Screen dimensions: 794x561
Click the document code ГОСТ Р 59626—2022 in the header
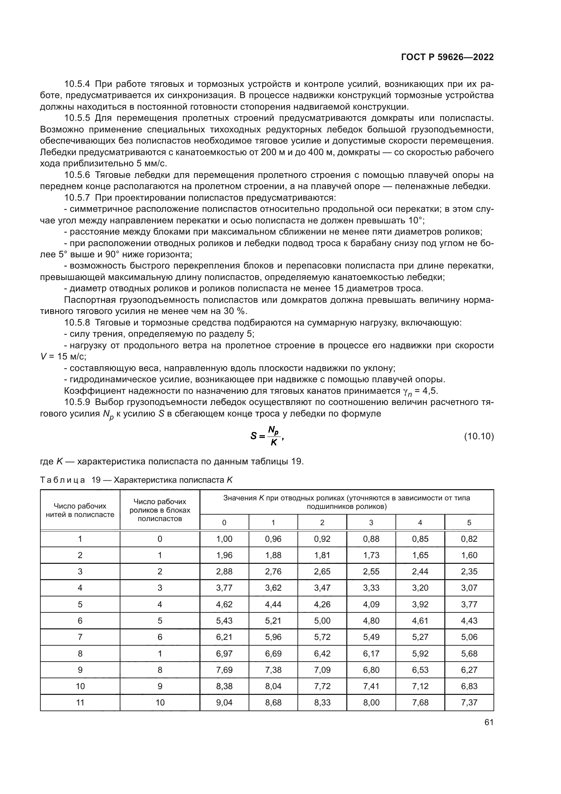point(447,57)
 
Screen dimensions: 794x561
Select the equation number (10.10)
point(479,437)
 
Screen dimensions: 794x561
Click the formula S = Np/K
point(267,436)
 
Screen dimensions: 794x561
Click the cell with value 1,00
point(224,539)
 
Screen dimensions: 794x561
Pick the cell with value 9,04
point(224,702)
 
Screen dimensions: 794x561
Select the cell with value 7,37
point(469,702)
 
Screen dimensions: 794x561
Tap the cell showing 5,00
point(322,621)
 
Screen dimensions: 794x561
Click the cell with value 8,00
point(371,702)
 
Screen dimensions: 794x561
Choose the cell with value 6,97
point(224,653)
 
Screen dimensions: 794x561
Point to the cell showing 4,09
point(371,604)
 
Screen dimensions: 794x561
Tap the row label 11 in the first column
point(80,702)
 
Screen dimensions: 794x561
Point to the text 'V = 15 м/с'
point(63,356)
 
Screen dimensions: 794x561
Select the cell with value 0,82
point(469,539)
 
